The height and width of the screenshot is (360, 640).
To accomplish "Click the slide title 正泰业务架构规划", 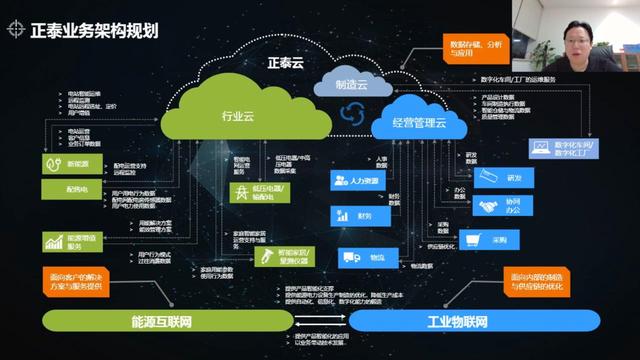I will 96,29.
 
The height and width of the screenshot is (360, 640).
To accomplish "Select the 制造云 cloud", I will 351,86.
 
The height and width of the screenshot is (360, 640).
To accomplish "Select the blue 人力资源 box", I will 359,181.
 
